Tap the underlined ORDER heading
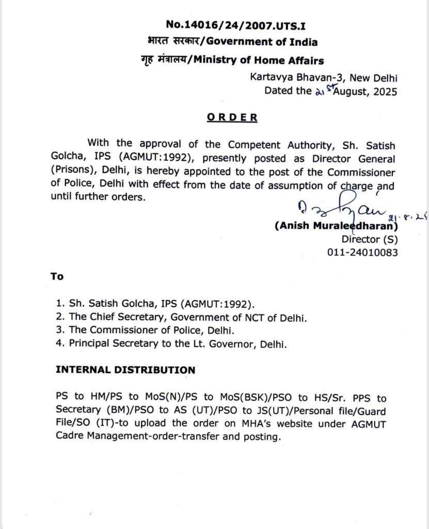[232, 117]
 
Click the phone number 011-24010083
[362, 252]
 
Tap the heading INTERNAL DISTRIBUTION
[125, 370]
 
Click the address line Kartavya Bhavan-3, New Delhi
[324, 79]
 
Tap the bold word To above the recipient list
[57, 276]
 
